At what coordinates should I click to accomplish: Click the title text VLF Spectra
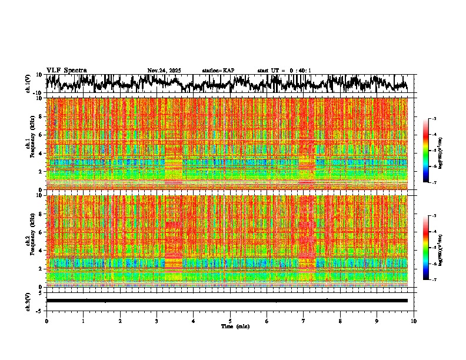(66, 71)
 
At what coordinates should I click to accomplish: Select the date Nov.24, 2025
(164, 71)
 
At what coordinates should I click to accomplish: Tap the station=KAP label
(218, 71)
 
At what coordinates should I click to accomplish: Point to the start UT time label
(284, 71)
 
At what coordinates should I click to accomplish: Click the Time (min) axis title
(235, 326)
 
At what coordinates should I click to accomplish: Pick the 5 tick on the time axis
(230, 321)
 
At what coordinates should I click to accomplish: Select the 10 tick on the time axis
(414, 321)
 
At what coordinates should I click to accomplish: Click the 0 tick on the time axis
(46, 321)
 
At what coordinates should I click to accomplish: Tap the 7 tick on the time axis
(304, 321)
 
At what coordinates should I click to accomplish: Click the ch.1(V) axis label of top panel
(28, 84)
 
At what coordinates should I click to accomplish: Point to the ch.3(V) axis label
(28, 301)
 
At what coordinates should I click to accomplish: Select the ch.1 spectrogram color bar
(430, 151)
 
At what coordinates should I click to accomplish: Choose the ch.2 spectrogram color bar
(430, 248)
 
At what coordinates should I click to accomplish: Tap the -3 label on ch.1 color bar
(434, 119)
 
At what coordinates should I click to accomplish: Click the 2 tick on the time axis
(120, 321)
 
